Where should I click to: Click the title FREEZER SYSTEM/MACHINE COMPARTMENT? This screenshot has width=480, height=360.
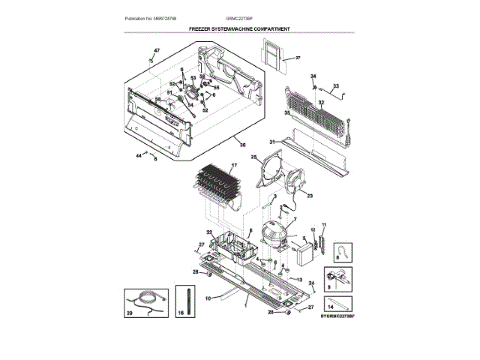point(240,29)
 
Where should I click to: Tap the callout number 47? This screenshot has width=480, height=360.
point(157,51)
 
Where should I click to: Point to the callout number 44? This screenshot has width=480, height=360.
point(139,155)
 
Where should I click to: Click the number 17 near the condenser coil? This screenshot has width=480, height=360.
point(234,166)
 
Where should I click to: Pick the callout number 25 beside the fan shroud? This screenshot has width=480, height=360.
point(253,157)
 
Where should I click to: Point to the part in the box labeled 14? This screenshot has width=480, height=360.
point(339,305)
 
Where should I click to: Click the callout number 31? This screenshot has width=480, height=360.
point(272,140)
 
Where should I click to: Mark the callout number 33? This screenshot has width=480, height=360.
point(335,86)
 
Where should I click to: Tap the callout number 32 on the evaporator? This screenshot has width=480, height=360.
point(320,103)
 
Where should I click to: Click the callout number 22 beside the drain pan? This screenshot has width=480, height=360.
point(210,233)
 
